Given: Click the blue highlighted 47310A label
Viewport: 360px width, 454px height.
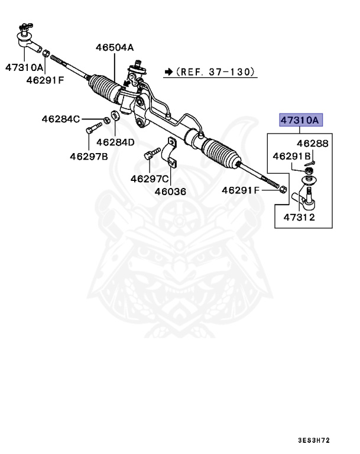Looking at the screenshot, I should coord(300,121).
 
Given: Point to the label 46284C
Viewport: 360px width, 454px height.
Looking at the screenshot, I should coord(60,119).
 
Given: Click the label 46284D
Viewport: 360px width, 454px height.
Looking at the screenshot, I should coord(115,142).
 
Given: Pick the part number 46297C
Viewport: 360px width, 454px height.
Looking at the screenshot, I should coord(150,178).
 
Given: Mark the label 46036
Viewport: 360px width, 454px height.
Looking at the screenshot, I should coord(170,191).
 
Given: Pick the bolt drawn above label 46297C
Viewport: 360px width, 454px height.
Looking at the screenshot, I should coord(150,158).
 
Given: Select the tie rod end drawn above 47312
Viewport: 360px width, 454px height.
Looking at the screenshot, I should coord(309,198).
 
